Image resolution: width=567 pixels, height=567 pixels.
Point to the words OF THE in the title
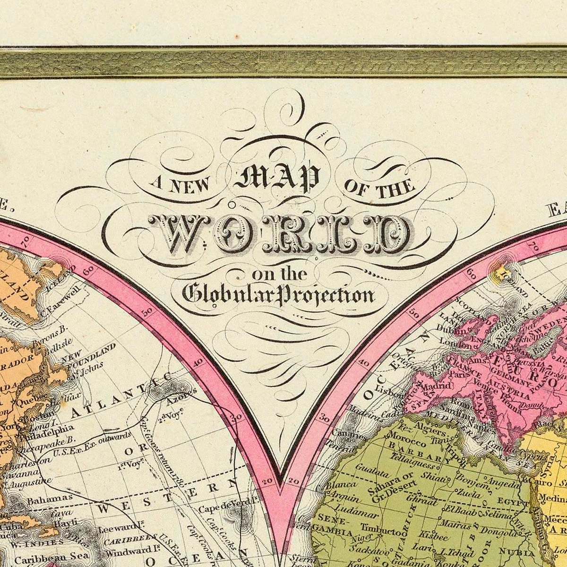tap(380, 187)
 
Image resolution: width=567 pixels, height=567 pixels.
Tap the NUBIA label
tap(520, 550)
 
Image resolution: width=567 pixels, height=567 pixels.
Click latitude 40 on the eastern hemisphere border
tap(364, 364)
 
